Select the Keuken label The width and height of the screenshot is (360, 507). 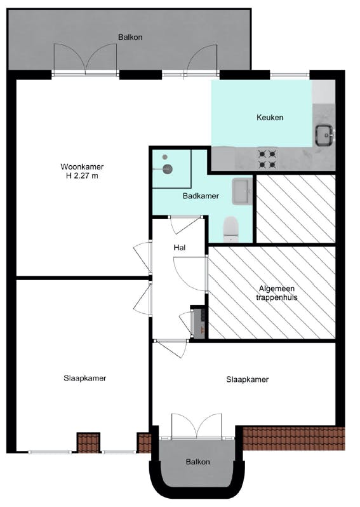coord(269,118)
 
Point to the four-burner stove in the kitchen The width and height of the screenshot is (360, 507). coord(267,159)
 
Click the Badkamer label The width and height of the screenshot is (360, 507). coord(201,196)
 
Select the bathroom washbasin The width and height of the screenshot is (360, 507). coord(242,191)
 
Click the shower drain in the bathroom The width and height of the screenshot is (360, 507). coord(168,168)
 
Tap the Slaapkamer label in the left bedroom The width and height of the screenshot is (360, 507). coord(84,378)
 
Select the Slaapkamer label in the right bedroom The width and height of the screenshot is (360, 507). coord(248,380)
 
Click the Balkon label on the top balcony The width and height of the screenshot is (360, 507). coord(130,37)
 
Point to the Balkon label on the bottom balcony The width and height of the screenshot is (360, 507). coord(197,462)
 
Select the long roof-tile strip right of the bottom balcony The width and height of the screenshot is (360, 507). coord(293,438)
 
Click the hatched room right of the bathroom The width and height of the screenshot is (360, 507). coord(295,208)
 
